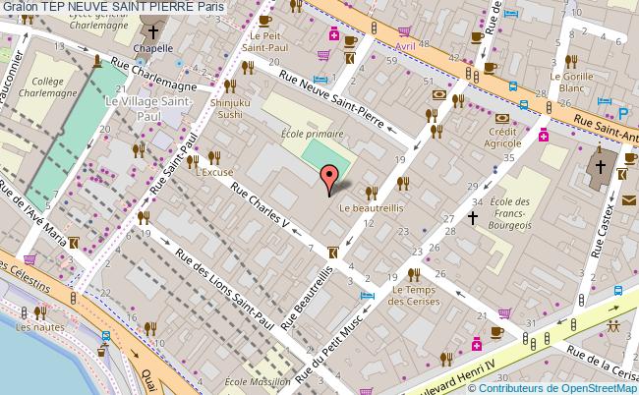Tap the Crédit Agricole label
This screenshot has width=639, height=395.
coord(503,138)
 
